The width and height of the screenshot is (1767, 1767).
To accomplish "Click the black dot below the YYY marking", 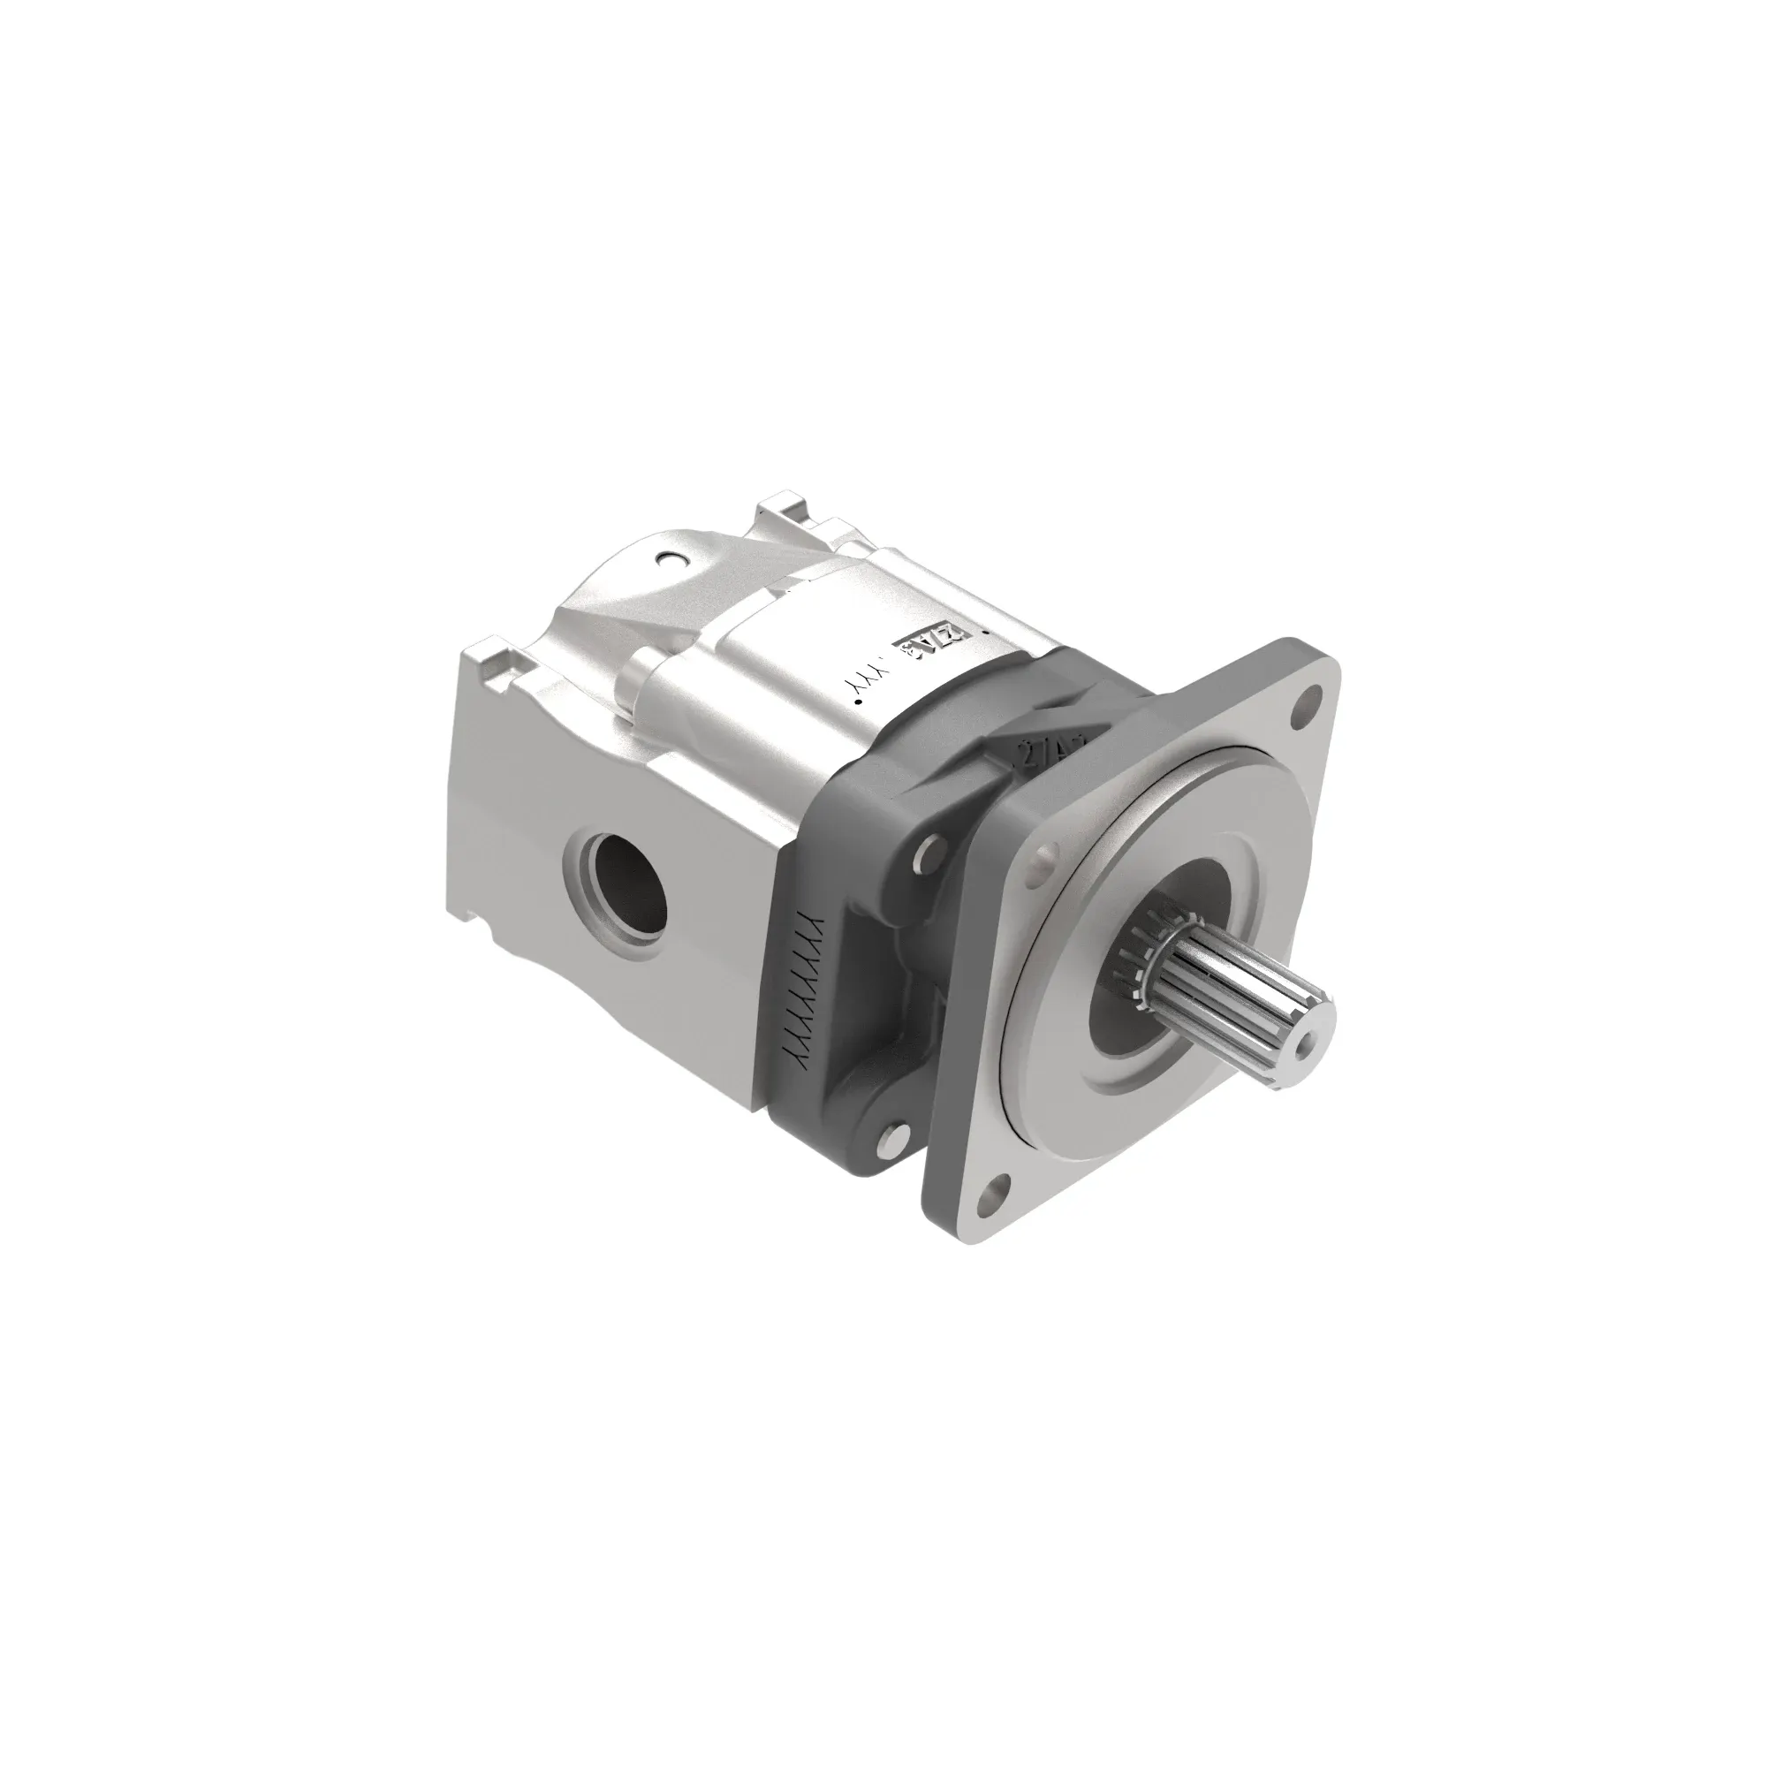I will (x=859, y=702).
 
